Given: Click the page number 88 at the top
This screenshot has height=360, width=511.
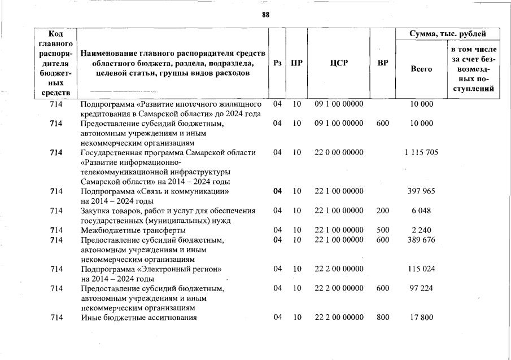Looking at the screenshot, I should (x=266, y=15).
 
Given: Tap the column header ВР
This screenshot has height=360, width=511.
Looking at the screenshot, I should (x=383, y=63).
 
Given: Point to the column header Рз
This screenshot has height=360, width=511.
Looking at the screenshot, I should (x=277, y=63).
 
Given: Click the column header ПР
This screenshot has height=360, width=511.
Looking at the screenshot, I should (x=296, y=63).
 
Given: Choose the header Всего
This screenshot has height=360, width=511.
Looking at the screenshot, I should (x=421, y=69).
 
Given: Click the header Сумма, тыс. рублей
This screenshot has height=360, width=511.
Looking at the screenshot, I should (x=448, y=34).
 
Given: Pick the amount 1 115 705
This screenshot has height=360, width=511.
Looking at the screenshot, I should (x=421, y=152).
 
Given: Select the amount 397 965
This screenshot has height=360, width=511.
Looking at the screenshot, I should (x=421, y=191).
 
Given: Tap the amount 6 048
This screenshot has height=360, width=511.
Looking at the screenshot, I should (x=421, y=211).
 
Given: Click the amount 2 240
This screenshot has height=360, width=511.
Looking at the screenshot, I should (x=421, y=230).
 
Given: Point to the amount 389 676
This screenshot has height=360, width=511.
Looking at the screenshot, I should (x=421, y=240).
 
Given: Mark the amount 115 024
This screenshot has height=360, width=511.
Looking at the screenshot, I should (x=421, y=269).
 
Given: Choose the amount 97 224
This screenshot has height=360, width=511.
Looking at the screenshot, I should (x=421, y=288).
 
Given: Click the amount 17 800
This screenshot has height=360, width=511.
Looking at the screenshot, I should (x=421, y=318).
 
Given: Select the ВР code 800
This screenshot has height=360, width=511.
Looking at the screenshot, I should (x=383, y=318).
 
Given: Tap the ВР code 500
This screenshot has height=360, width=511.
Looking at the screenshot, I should (x=383, y=230).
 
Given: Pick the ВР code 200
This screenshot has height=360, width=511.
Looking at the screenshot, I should (x=383, y=211).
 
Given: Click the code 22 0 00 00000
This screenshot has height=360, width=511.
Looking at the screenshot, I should (x=339, y=152).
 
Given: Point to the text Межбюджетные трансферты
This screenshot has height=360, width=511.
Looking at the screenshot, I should (x=133, y=230).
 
